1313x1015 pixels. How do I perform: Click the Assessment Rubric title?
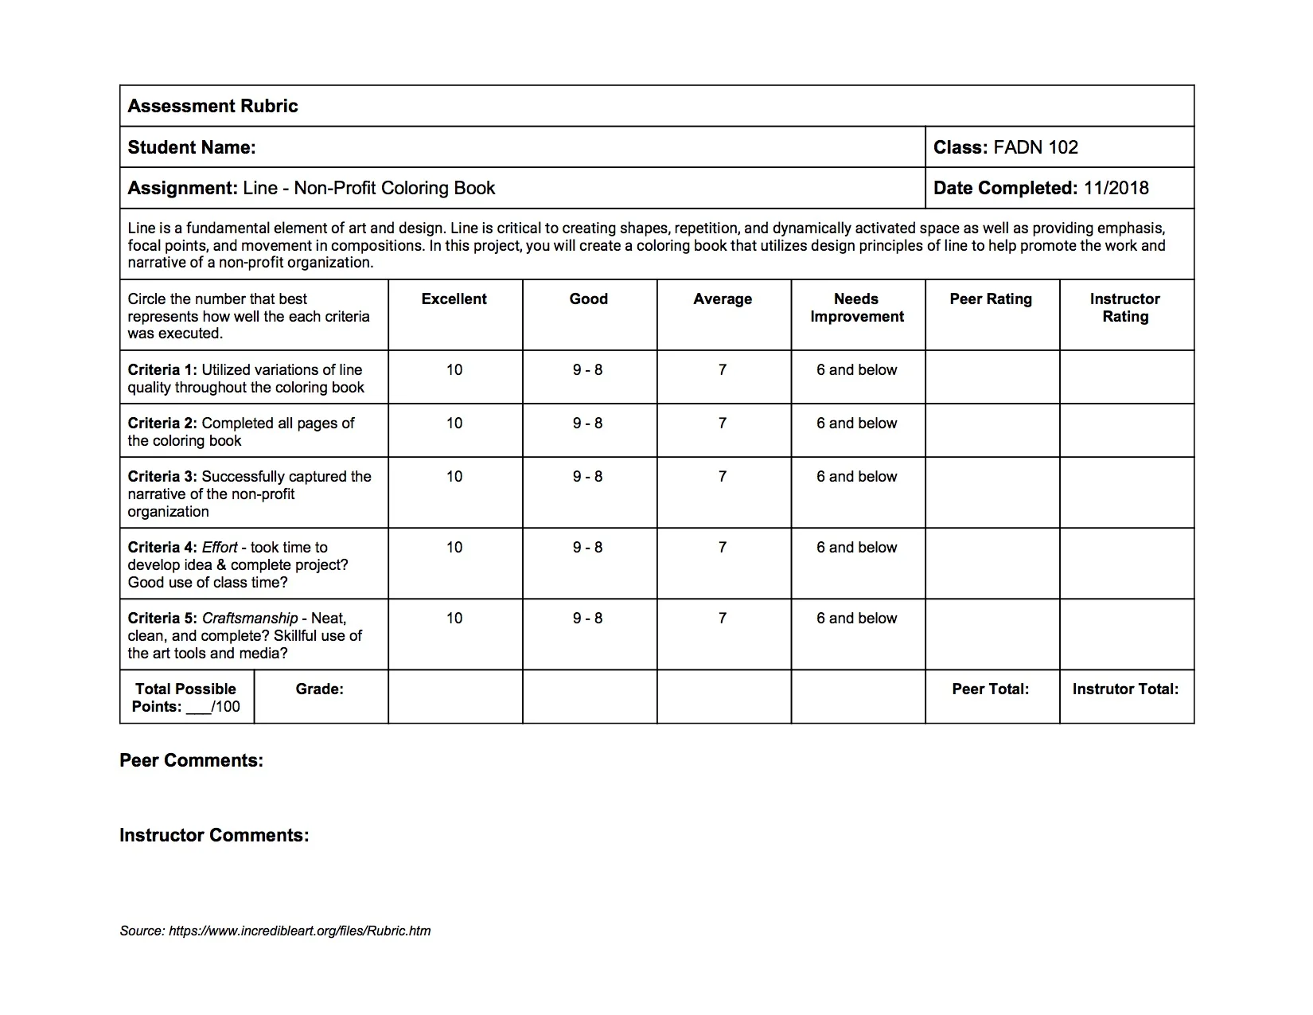tap(212, 106)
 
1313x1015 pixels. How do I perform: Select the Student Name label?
tap(192, 147)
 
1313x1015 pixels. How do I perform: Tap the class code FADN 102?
tap(1035, 147)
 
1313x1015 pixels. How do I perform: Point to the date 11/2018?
tap(1116, 188)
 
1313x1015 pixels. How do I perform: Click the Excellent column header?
tap(454, 299)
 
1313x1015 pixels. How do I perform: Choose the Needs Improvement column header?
tap(857, 308)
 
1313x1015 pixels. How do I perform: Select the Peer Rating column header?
tap(991, 299)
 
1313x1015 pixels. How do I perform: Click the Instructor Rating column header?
tap(1125, 308)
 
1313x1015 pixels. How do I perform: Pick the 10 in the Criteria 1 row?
tap(454, 370)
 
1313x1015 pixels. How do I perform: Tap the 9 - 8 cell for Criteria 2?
tap(588, 424)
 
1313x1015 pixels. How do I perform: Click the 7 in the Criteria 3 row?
tap(723, 477)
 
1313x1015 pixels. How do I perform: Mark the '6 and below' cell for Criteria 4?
tap(857, 548)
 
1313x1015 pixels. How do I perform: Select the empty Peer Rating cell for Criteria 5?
tap(992, 634)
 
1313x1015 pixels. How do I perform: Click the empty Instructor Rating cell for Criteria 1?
tap(1127, 377)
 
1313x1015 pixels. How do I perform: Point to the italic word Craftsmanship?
tap(250, 619)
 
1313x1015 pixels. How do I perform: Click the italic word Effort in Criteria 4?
tap(220, 548)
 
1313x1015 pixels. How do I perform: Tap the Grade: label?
tap(320, 689)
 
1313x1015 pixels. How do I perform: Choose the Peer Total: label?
tap(991, 689)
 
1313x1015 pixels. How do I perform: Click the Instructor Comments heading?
tap(214, 835)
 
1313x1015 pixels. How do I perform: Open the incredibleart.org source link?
tap(299, 931)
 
